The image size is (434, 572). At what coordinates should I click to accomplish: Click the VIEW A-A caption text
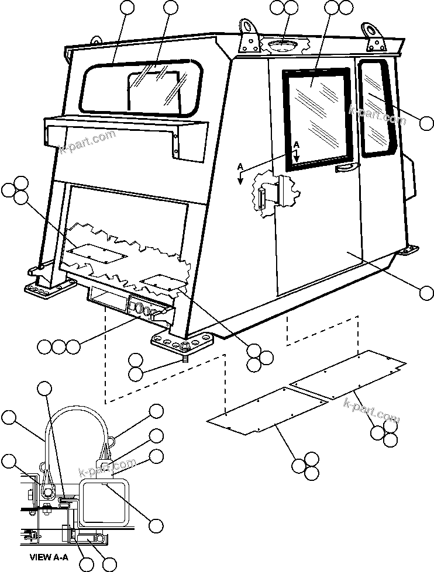coord(49,557)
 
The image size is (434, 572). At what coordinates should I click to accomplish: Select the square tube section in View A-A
coord(105,499)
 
